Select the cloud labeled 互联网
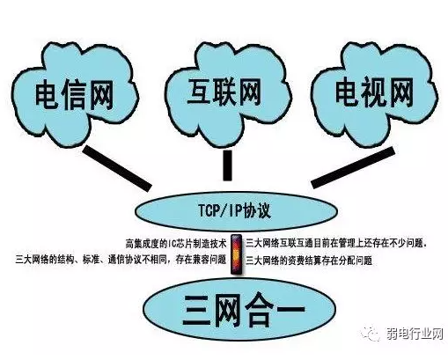point(227,94)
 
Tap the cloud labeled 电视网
point(374,94)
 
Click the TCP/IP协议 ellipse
point(236,210)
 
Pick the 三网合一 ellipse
point(239,310)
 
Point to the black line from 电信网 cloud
point(117,168)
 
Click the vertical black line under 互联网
point(227,165)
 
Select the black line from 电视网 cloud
point(353,167)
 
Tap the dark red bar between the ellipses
point(236,254)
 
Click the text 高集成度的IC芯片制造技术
point(176,244)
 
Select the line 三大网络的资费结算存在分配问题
point(309,261)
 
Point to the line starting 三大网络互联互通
point(336,244)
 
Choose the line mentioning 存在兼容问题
point(121,260)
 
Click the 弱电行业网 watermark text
point(415,334)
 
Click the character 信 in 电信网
point(74,96)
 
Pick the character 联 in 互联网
point(224,92)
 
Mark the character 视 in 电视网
point(374,92)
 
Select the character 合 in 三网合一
point(258,311)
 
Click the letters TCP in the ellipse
point(209,210)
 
